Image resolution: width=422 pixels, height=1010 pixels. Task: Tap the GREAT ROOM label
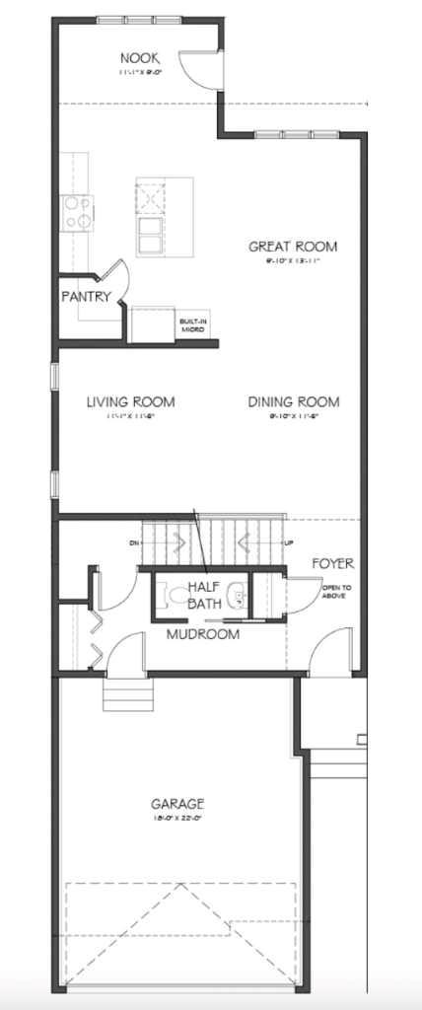point(293,247)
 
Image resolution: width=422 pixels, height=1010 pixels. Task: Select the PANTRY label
point(84,296)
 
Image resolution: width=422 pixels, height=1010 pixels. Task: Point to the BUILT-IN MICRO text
point(192,325)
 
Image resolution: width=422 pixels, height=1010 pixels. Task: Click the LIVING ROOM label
point(130,401)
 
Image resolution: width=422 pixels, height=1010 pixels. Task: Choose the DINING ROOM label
point(293,401)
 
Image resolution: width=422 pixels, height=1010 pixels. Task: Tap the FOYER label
point(332,563)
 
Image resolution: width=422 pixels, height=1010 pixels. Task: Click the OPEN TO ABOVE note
point(334,593)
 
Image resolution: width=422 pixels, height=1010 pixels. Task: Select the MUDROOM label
point(202,634)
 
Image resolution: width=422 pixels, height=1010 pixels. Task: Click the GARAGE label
point(178,803)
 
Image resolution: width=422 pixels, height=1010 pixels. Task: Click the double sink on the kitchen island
point(152,236)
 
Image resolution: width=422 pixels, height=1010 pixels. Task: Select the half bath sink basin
point(237,596)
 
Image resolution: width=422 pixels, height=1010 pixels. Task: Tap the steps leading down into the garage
point(128,697)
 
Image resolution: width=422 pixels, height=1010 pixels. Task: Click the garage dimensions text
point(178,819)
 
